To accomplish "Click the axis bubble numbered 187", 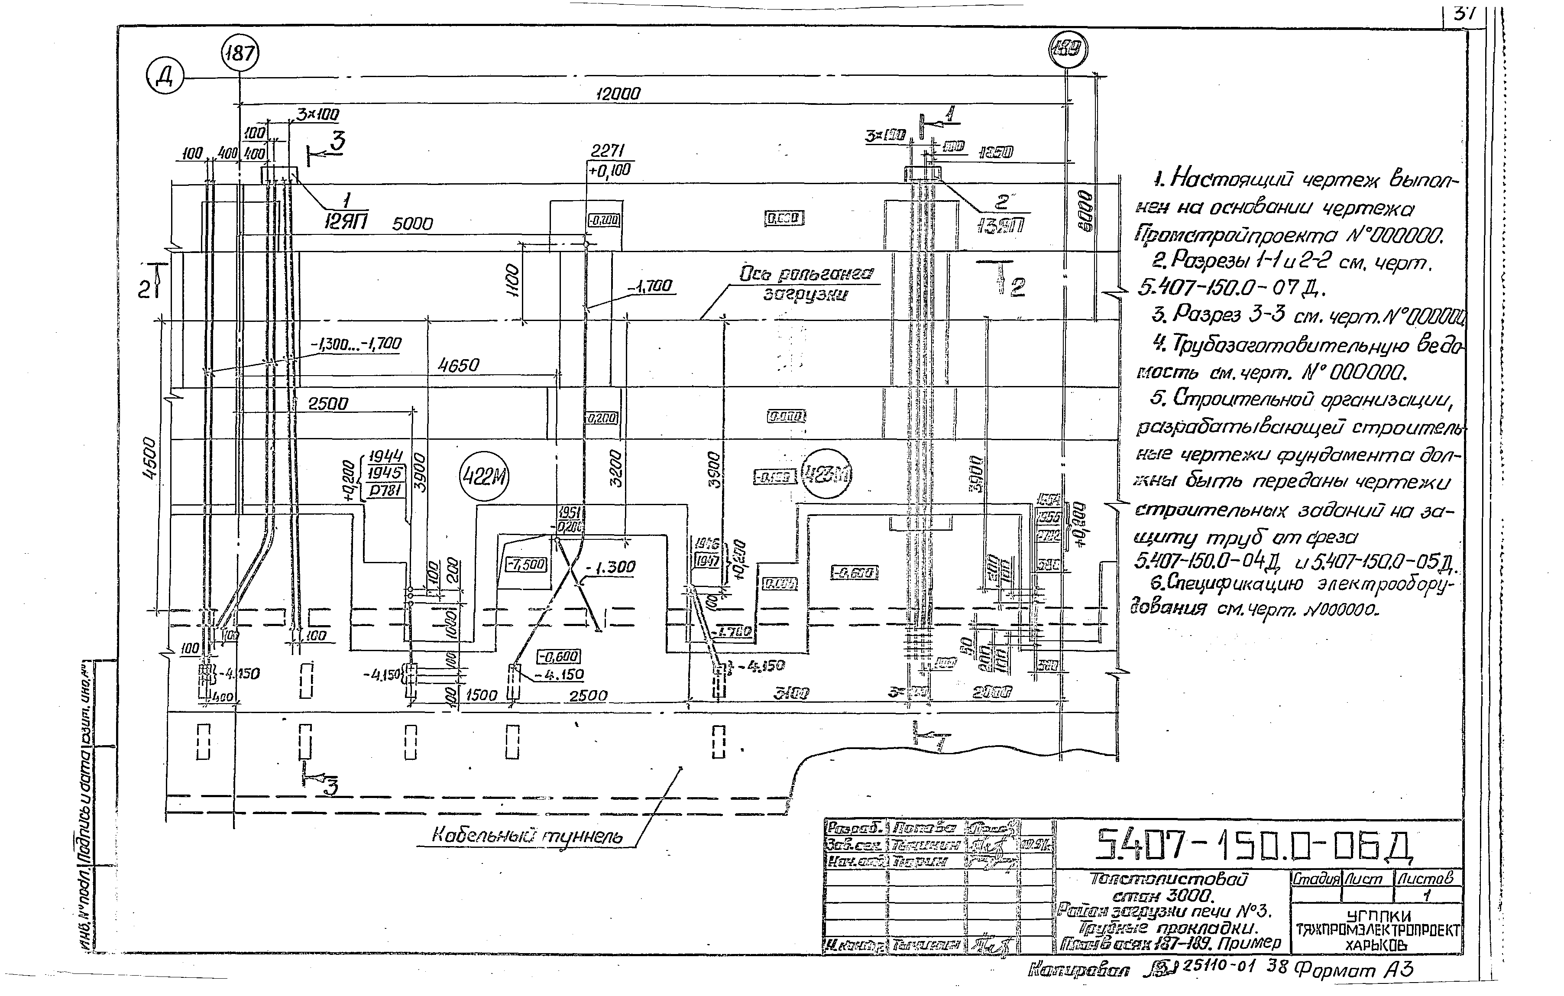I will [x=240, y=53].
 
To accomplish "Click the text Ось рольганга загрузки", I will [x=806, y=284].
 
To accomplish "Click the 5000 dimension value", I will [x=412, y=224].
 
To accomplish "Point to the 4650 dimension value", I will [x=459, y=366].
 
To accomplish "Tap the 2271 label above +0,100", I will [x=608, y=151].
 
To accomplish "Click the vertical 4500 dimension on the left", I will [x=149, y=459].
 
